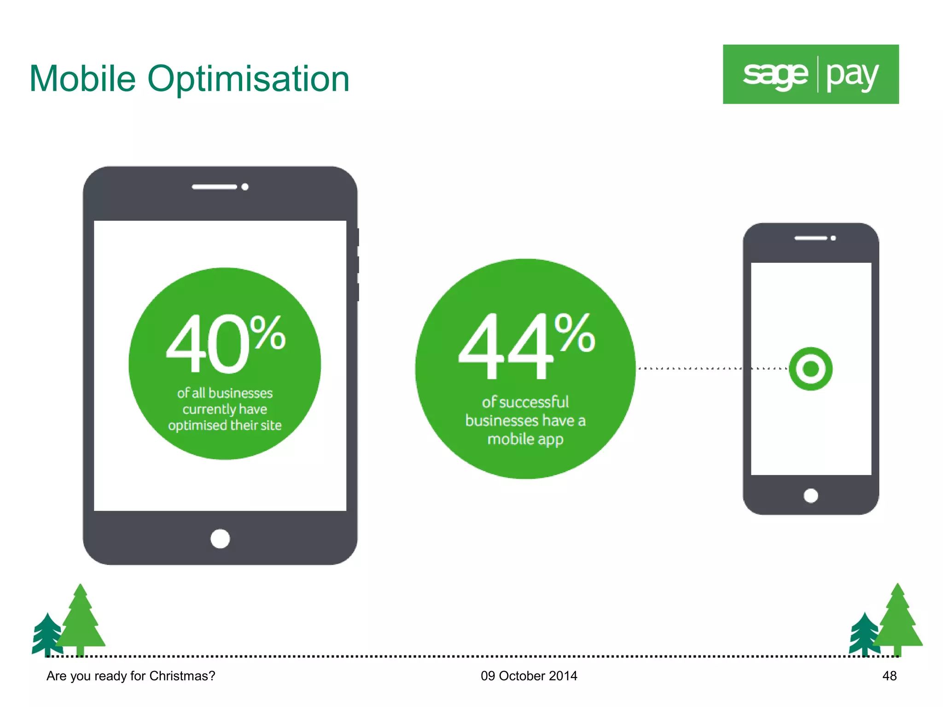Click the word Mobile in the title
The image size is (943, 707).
82,79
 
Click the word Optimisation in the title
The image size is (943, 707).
248,80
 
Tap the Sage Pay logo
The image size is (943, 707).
810,74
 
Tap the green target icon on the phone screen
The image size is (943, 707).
810,369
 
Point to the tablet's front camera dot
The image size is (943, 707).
245,187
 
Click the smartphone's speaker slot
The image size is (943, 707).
810,238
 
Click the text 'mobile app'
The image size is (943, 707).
525,439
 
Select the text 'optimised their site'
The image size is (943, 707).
225,425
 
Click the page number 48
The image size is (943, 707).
889,676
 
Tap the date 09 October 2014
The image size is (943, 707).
529,676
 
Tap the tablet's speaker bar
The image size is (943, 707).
214,187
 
